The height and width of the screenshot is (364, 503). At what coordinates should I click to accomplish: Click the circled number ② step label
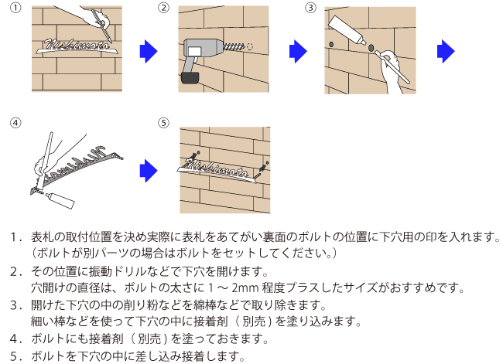click(x=163, y=8)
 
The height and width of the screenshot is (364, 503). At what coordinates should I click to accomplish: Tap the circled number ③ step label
click(x=310, y=8)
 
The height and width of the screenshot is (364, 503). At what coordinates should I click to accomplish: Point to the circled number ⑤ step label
click(x=163, y=124)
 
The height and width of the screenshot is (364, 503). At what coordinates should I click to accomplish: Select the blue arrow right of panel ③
click(x=445, y=53)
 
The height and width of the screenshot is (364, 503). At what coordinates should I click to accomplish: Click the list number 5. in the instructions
click(x=15, y=356)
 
